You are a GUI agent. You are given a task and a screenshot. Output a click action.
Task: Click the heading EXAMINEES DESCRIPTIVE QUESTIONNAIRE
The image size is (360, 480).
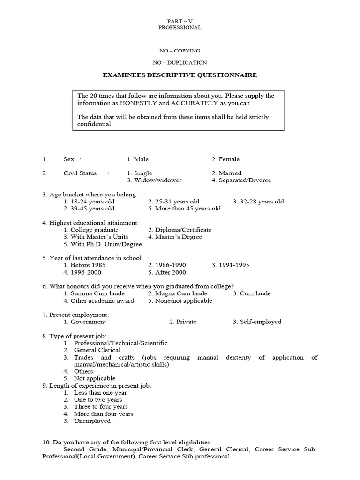coord(180,75)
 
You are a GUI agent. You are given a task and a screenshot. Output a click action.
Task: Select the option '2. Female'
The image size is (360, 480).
coord(225,159)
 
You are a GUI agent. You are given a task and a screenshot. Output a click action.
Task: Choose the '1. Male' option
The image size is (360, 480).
coord(138,159)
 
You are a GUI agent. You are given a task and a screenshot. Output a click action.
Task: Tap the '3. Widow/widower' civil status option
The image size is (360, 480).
coord(154,180)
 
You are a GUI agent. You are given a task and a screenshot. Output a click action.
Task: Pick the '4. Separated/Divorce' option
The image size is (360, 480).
coord(241,180)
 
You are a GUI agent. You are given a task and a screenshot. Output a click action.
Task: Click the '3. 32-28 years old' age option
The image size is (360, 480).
coord(258,202)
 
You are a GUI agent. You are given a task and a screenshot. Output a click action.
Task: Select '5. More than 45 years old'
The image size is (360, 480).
coord(184,209)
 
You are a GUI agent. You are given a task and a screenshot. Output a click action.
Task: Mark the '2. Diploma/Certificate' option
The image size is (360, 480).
coord(180,230)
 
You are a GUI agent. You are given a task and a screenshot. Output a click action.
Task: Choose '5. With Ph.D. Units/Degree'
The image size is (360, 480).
coord(96,244)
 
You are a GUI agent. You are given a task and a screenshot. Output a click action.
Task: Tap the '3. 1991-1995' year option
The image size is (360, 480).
coord(230,265)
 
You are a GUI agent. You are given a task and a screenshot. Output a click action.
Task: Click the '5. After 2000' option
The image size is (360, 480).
coord(167,272)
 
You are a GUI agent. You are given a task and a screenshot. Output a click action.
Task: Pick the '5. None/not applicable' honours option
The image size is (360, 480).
coord(180,300)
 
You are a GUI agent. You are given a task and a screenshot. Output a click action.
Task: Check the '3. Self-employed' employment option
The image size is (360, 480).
coord(257,322)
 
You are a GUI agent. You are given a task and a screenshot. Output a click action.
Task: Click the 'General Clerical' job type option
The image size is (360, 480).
coord(97,350)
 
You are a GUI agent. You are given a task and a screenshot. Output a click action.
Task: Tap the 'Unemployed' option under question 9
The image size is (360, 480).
coord(92,421)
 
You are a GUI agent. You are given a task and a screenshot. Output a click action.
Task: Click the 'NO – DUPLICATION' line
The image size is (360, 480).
coord(180,62)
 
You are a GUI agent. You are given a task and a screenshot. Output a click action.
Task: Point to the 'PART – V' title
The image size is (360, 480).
coord(180,21)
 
